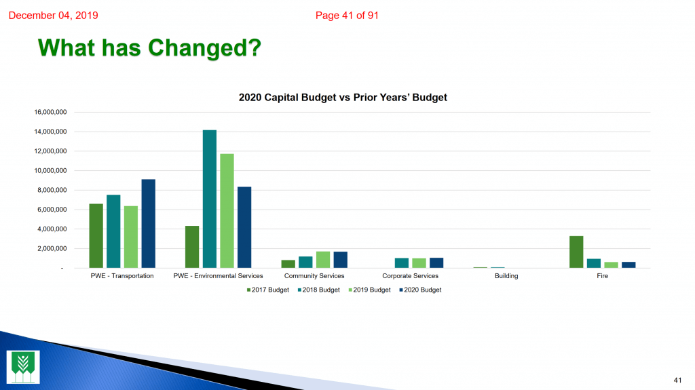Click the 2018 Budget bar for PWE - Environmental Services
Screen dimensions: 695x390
[210, 199]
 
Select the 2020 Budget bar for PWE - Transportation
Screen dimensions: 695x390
[149, 223]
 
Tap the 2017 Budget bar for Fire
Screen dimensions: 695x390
[576, 252]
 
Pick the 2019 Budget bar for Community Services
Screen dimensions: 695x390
[323, 260]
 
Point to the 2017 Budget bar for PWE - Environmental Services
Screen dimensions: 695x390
[192, 247]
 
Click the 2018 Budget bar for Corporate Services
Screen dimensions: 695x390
[402, 262]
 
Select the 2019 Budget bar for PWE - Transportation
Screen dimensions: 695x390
[131, 237]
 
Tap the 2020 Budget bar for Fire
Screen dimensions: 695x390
[628, 265]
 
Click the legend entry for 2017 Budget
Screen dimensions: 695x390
[268, 290]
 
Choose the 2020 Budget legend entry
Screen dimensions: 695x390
[420, 290]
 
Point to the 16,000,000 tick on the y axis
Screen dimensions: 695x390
[50, 112]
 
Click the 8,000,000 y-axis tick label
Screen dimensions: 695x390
[52, 190]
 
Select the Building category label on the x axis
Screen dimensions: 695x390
[506, 275]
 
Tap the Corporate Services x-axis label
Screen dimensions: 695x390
[411, 275]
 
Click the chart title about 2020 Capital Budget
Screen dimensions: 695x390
[343, 98]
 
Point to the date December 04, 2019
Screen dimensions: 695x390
[53, 16]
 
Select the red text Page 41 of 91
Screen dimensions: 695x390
[347, 16]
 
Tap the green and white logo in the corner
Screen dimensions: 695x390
[23, 367]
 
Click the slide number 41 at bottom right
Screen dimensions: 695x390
[678, 381]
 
